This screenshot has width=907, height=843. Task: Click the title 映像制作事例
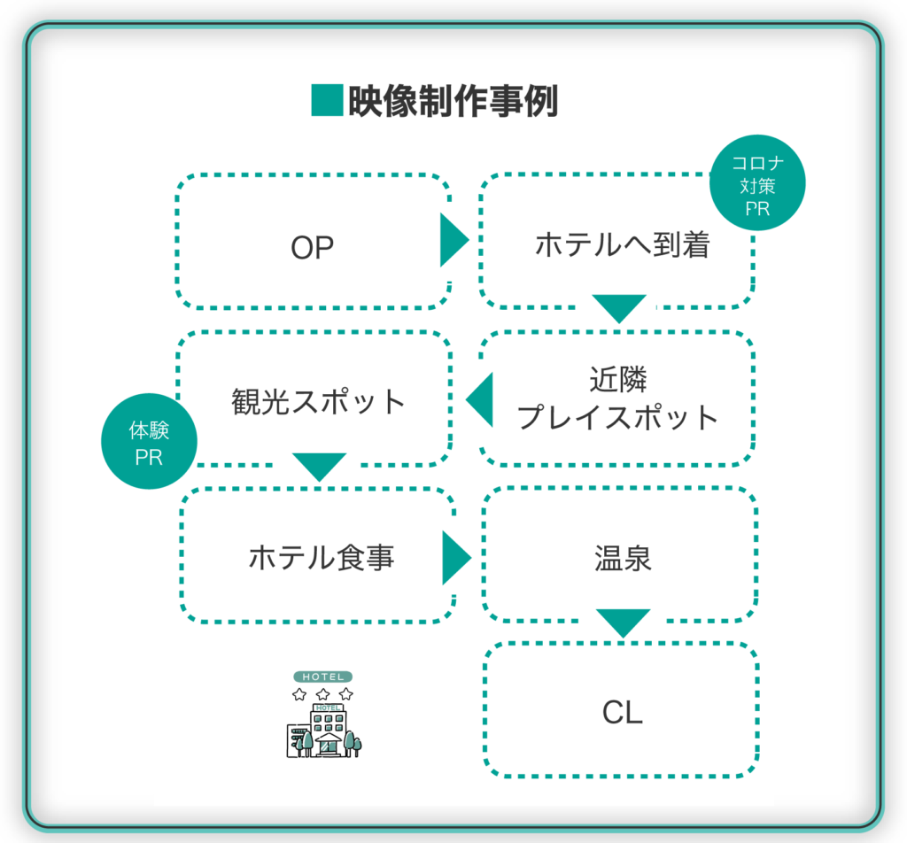(x=453, y=101)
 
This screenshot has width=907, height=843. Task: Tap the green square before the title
(x=328, y=100)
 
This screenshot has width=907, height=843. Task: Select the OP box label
(x=313, y=247)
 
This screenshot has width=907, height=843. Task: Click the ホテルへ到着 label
(x=622, y=244)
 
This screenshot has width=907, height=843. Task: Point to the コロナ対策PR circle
(x=757, y=182)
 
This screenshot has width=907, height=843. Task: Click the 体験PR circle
(x=149, y=441)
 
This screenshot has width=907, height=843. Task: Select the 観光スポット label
(x=318, y=401)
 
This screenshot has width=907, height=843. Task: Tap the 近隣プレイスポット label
(x=617, y=398)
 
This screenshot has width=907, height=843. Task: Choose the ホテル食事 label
(x=322, y=558)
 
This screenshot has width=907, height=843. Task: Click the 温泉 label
(x=623, y=559)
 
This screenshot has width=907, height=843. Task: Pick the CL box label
(x=623, y=712)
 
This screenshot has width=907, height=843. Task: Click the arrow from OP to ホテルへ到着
(x=454, y=240)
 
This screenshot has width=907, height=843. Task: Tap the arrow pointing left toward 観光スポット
(x=479, y=399)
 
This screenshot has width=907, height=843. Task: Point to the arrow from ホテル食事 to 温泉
(x=457, y=558)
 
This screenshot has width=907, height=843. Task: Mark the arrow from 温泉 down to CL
(x=623, y=623)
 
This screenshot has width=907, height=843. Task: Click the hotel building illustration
(x=324, y=730)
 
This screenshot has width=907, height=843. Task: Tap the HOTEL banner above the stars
(x=322, y=677)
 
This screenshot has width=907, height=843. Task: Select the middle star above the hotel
(x=322, y=694)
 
